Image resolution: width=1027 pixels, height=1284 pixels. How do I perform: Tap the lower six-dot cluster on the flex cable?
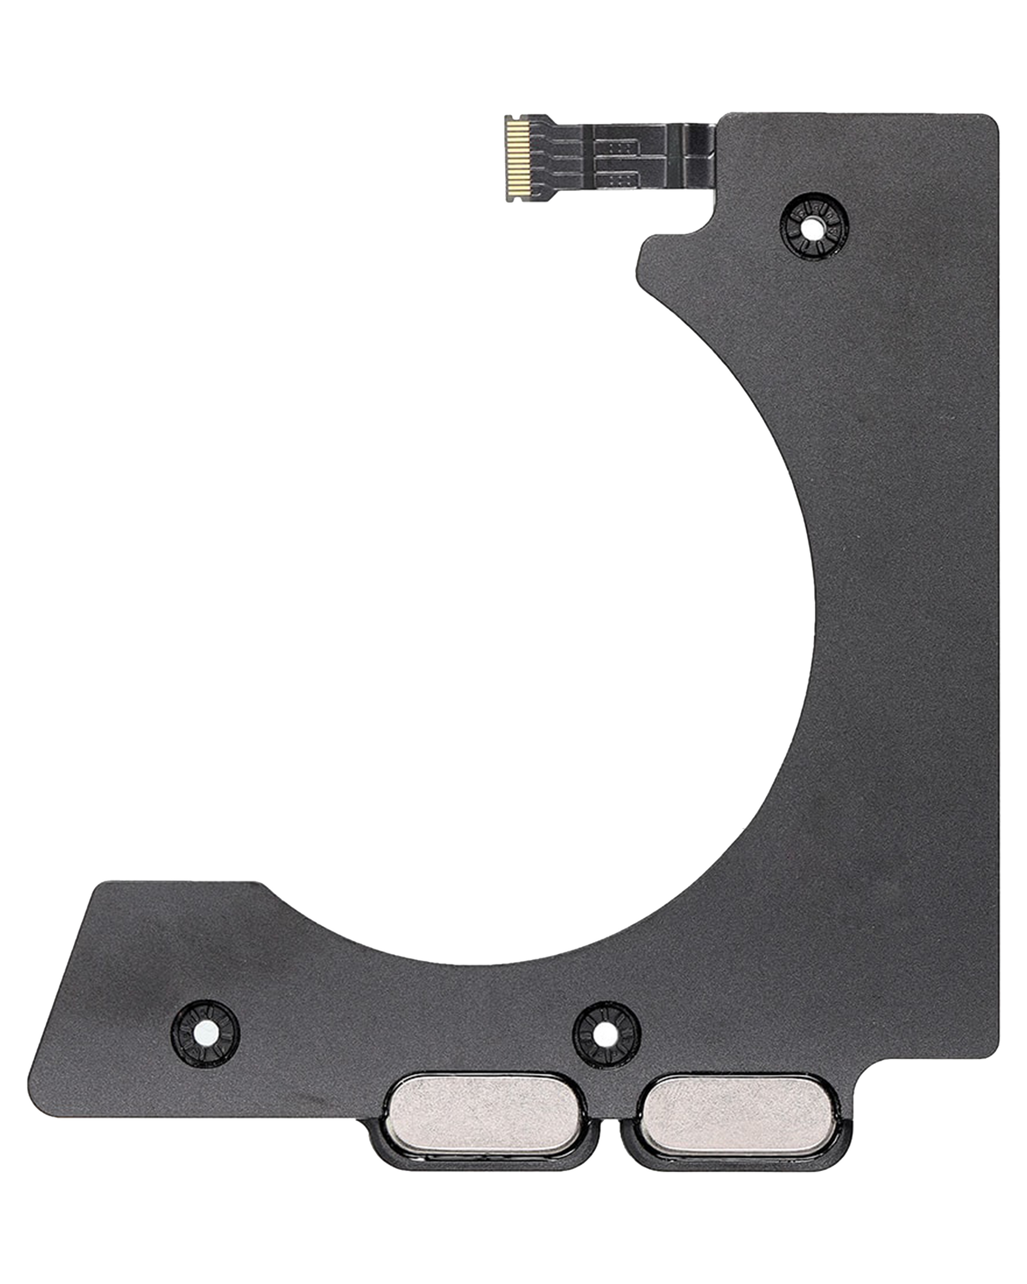click(620, 178)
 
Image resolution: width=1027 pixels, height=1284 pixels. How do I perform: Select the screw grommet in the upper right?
click(814, 227)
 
